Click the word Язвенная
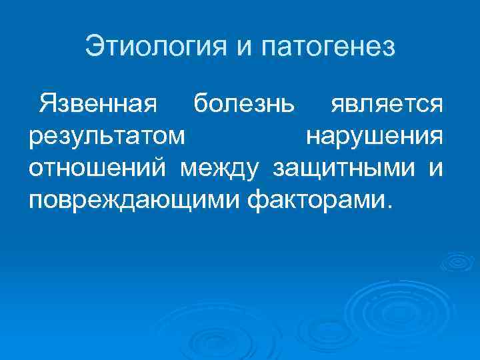(x=98, y=104)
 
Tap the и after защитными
(x=435, y=168)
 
